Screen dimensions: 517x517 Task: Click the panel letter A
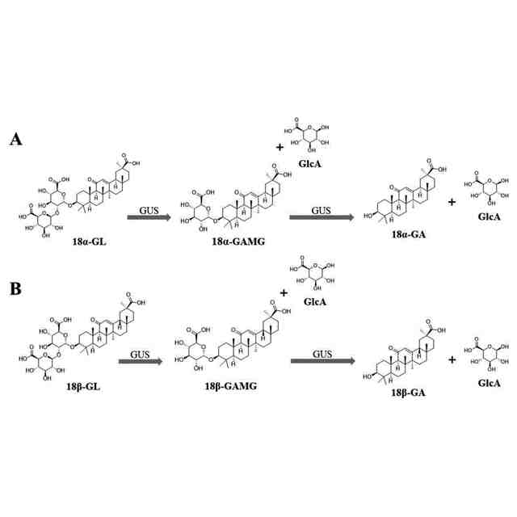coord(15,140)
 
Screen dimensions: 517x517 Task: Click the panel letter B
coord(15,288)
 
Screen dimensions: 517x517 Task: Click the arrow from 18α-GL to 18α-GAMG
coord(148,217)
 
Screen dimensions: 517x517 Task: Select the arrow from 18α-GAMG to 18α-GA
coord(322,217)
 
